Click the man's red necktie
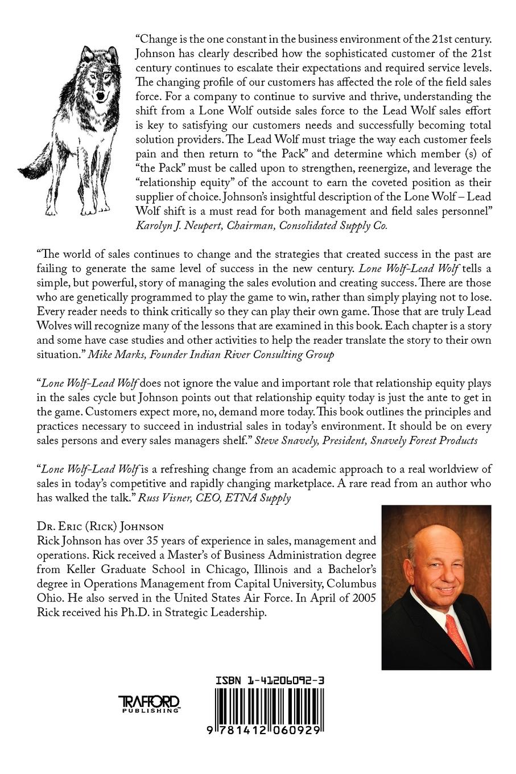[x=459, y=637]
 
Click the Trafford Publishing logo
[x=148, y=704]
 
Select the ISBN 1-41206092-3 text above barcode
[x=270, y=680]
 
